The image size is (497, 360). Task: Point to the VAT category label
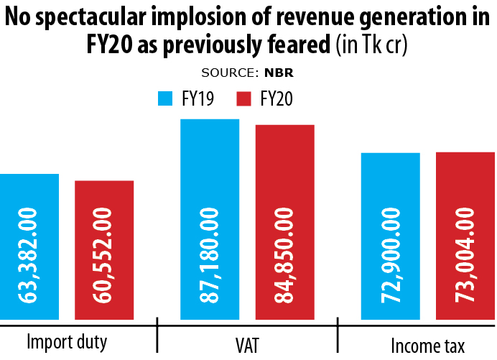(x=247, y=344)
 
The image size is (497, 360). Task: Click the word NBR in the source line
(x=279, y=73)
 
